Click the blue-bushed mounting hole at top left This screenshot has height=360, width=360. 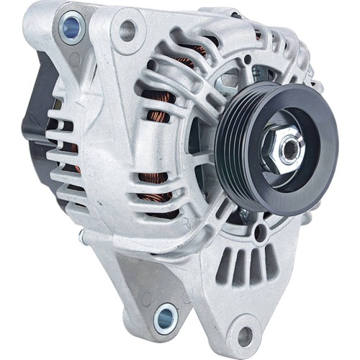(71, 27)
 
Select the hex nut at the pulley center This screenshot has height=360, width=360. (282, 149)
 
